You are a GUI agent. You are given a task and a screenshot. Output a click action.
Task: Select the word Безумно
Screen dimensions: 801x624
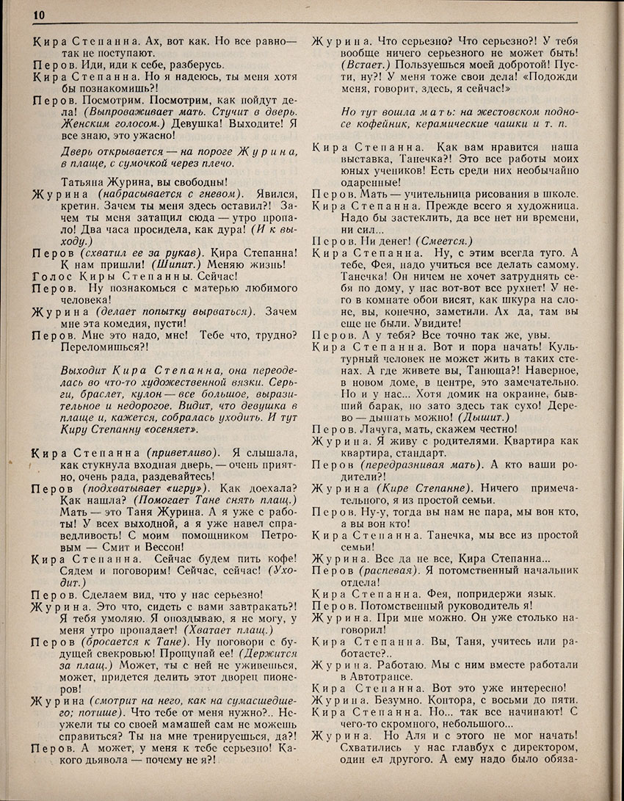tap(380, 700)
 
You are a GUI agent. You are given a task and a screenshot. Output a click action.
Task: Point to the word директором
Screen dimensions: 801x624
tap(534, 749)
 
